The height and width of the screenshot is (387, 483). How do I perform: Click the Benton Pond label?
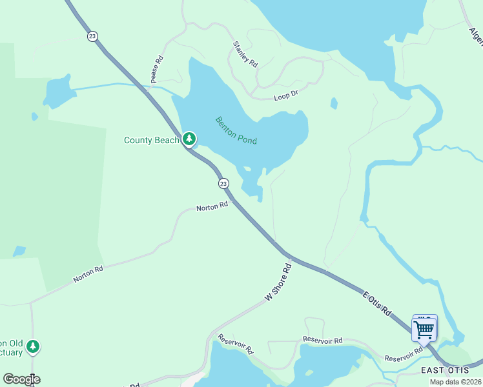[x=236, y=130]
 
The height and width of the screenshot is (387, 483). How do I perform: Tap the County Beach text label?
[x=151, y=140]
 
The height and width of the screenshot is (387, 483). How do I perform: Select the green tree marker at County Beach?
[x=189, y=139]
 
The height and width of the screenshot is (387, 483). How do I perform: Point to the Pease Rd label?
[x=157, y=69]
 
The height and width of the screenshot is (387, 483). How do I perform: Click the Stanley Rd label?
[x=245, y=55]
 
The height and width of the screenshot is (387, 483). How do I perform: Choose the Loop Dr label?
[x=285, y=94]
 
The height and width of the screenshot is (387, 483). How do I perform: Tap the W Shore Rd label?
[x=278, y=283]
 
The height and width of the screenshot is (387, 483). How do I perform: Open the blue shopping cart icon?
[x=424, y=330]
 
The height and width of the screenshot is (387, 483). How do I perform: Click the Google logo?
[x=21, y=379]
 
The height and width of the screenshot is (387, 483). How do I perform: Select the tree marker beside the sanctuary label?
[x=33, y=346]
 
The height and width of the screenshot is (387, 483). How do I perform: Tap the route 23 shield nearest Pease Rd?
[x=92, y=37]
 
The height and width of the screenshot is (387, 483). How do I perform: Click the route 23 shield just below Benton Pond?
[x=223, y=184]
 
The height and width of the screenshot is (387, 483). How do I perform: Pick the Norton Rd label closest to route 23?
[x=212, y=206]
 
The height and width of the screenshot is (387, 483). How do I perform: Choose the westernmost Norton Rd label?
[x=88, y=273]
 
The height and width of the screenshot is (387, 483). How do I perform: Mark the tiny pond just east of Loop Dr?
[x=334, y=103]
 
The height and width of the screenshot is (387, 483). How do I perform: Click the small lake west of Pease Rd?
[x=57, y=92]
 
